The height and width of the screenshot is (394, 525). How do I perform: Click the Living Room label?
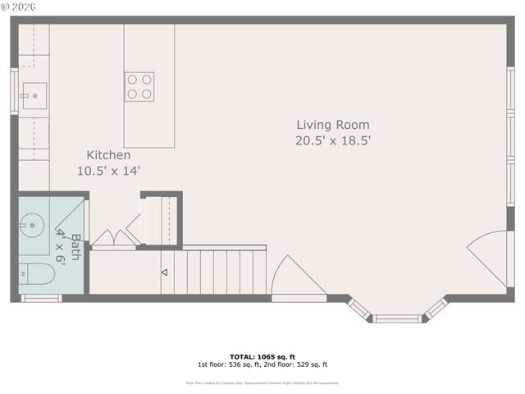(333, 125)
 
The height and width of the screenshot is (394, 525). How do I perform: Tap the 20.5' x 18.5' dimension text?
(333, 140)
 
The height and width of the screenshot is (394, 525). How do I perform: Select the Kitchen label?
(109, 154)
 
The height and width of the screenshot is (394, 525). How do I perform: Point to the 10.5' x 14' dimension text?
(109, 171)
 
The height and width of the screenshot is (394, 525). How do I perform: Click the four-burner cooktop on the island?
(139, 87)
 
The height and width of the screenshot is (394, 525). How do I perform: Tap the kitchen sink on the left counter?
(34, 96)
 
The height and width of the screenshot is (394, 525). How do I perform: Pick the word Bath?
(75, 247)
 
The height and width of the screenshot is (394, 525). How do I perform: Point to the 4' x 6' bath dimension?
(60, 245)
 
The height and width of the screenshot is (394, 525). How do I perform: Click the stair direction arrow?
(164, 272)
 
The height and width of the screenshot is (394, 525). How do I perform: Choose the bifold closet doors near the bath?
(115, 238)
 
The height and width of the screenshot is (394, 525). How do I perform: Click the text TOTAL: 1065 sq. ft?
(262, 357)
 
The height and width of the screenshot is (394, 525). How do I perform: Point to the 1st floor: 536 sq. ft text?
(229, 364)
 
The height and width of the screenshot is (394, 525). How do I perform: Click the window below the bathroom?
(41, 298)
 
